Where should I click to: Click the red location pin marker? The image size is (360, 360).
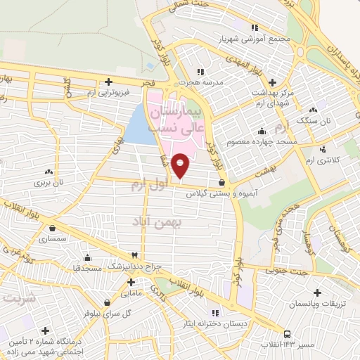coord(181,165)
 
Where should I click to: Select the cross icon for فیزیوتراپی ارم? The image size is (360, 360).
coord(108,81)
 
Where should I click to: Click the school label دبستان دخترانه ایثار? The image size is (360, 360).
coord(214,324)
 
